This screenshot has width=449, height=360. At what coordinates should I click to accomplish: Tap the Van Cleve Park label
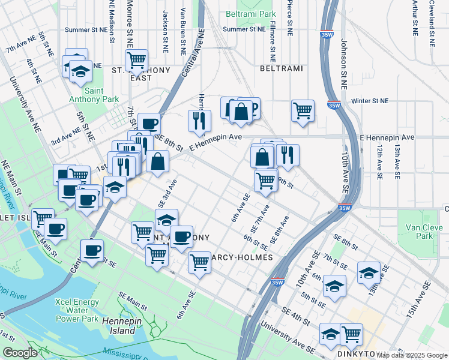pyautogui.click(x=424, y=232)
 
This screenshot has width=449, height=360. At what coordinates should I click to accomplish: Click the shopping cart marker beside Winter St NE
pyautogui.click(x=303, y=110)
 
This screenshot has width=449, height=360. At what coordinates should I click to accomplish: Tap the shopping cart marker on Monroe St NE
pyautogui.click(x=137, y=61)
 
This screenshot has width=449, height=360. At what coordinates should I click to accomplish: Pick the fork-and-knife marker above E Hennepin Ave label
pyautogui.click(x=199, y=121)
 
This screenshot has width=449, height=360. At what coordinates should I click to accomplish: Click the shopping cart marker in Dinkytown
pyautogui.click(x=351, y=334)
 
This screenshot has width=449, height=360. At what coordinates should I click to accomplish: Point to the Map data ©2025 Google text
pyautogui.click(x=412, y=355)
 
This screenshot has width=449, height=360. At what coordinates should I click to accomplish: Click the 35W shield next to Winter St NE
pyautogui.click(x=334, y=106)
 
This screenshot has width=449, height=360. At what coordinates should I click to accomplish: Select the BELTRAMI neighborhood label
pyautogui.click(x=280, y=69)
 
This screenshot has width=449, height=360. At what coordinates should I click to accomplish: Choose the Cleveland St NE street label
pyautogui.click(x=432, y=23)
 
